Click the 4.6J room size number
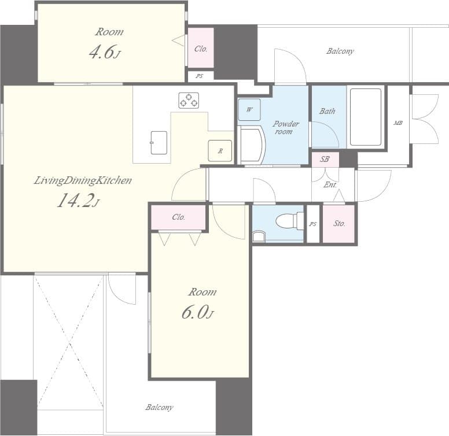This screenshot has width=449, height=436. coord(105,53)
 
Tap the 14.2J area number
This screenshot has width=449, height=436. coord(78,201)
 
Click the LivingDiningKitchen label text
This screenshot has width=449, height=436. coord(83,180)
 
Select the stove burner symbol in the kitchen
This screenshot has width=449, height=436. coord(189,100)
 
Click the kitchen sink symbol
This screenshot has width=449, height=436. coord(159,142)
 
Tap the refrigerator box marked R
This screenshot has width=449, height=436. coord(220,150)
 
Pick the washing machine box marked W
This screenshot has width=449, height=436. coord(249,109)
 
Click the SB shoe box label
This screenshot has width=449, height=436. coord(325,158)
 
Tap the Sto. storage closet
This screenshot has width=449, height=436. coord(338,223)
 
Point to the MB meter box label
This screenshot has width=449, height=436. coord(398,123)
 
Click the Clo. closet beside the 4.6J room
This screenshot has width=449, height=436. coord(201,49)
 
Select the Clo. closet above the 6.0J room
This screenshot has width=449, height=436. coord(179,217)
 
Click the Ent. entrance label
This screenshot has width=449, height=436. coord(330,185)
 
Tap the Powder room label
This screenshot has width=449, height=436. coord(286,128)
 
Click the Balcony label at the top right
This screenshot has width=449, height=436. coord(340,51)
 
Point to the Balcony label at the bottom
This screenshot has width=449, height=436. coord(159,408)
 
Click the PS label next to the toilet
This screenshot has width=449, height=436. coord(313,224)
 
